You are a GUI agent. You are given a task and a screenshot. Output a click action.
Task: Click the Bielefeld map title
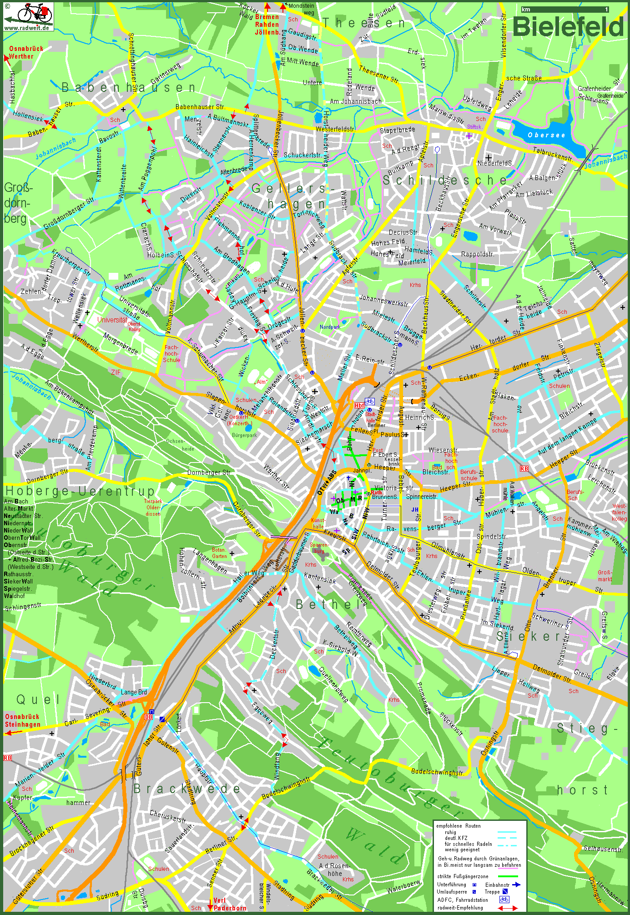click(x=568, y=27)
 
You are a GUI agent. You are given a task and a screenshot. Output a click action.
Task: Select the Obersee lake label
click(x=546, y=135)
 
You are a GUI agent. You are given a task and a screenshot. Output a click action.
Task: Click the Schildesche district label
click(x=444, y=181)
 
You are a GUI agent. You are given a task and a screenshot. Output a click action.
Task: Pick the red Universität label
click(x=112, y=320)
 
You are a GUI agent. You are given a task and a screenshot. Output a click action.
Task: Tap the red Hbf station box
click(x=359, y=405)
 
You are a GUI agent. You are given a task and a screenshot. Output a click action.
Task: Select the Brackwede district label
click(x=186, y=789)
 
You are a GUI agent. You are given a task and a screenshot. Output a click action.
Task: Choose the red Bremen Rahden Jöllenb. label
click(x=267, y=25)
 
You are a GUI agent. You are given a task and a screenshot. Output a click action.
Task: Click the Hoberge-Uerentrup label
click(x=80, y=491)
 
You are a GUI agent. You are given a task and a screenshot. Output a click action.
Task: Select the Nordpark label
click(x=330, y=327)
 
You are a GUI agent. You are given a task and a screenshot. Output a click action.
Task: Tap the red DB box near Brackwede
click(x=148, y=717)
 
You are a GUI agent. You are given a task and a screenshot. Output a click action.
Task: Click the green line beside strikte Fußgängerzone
click(x=508, y=876)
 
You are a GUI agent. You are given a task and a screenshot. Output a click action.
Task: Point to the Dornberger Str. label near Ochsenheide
click(x=208, y=473)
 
